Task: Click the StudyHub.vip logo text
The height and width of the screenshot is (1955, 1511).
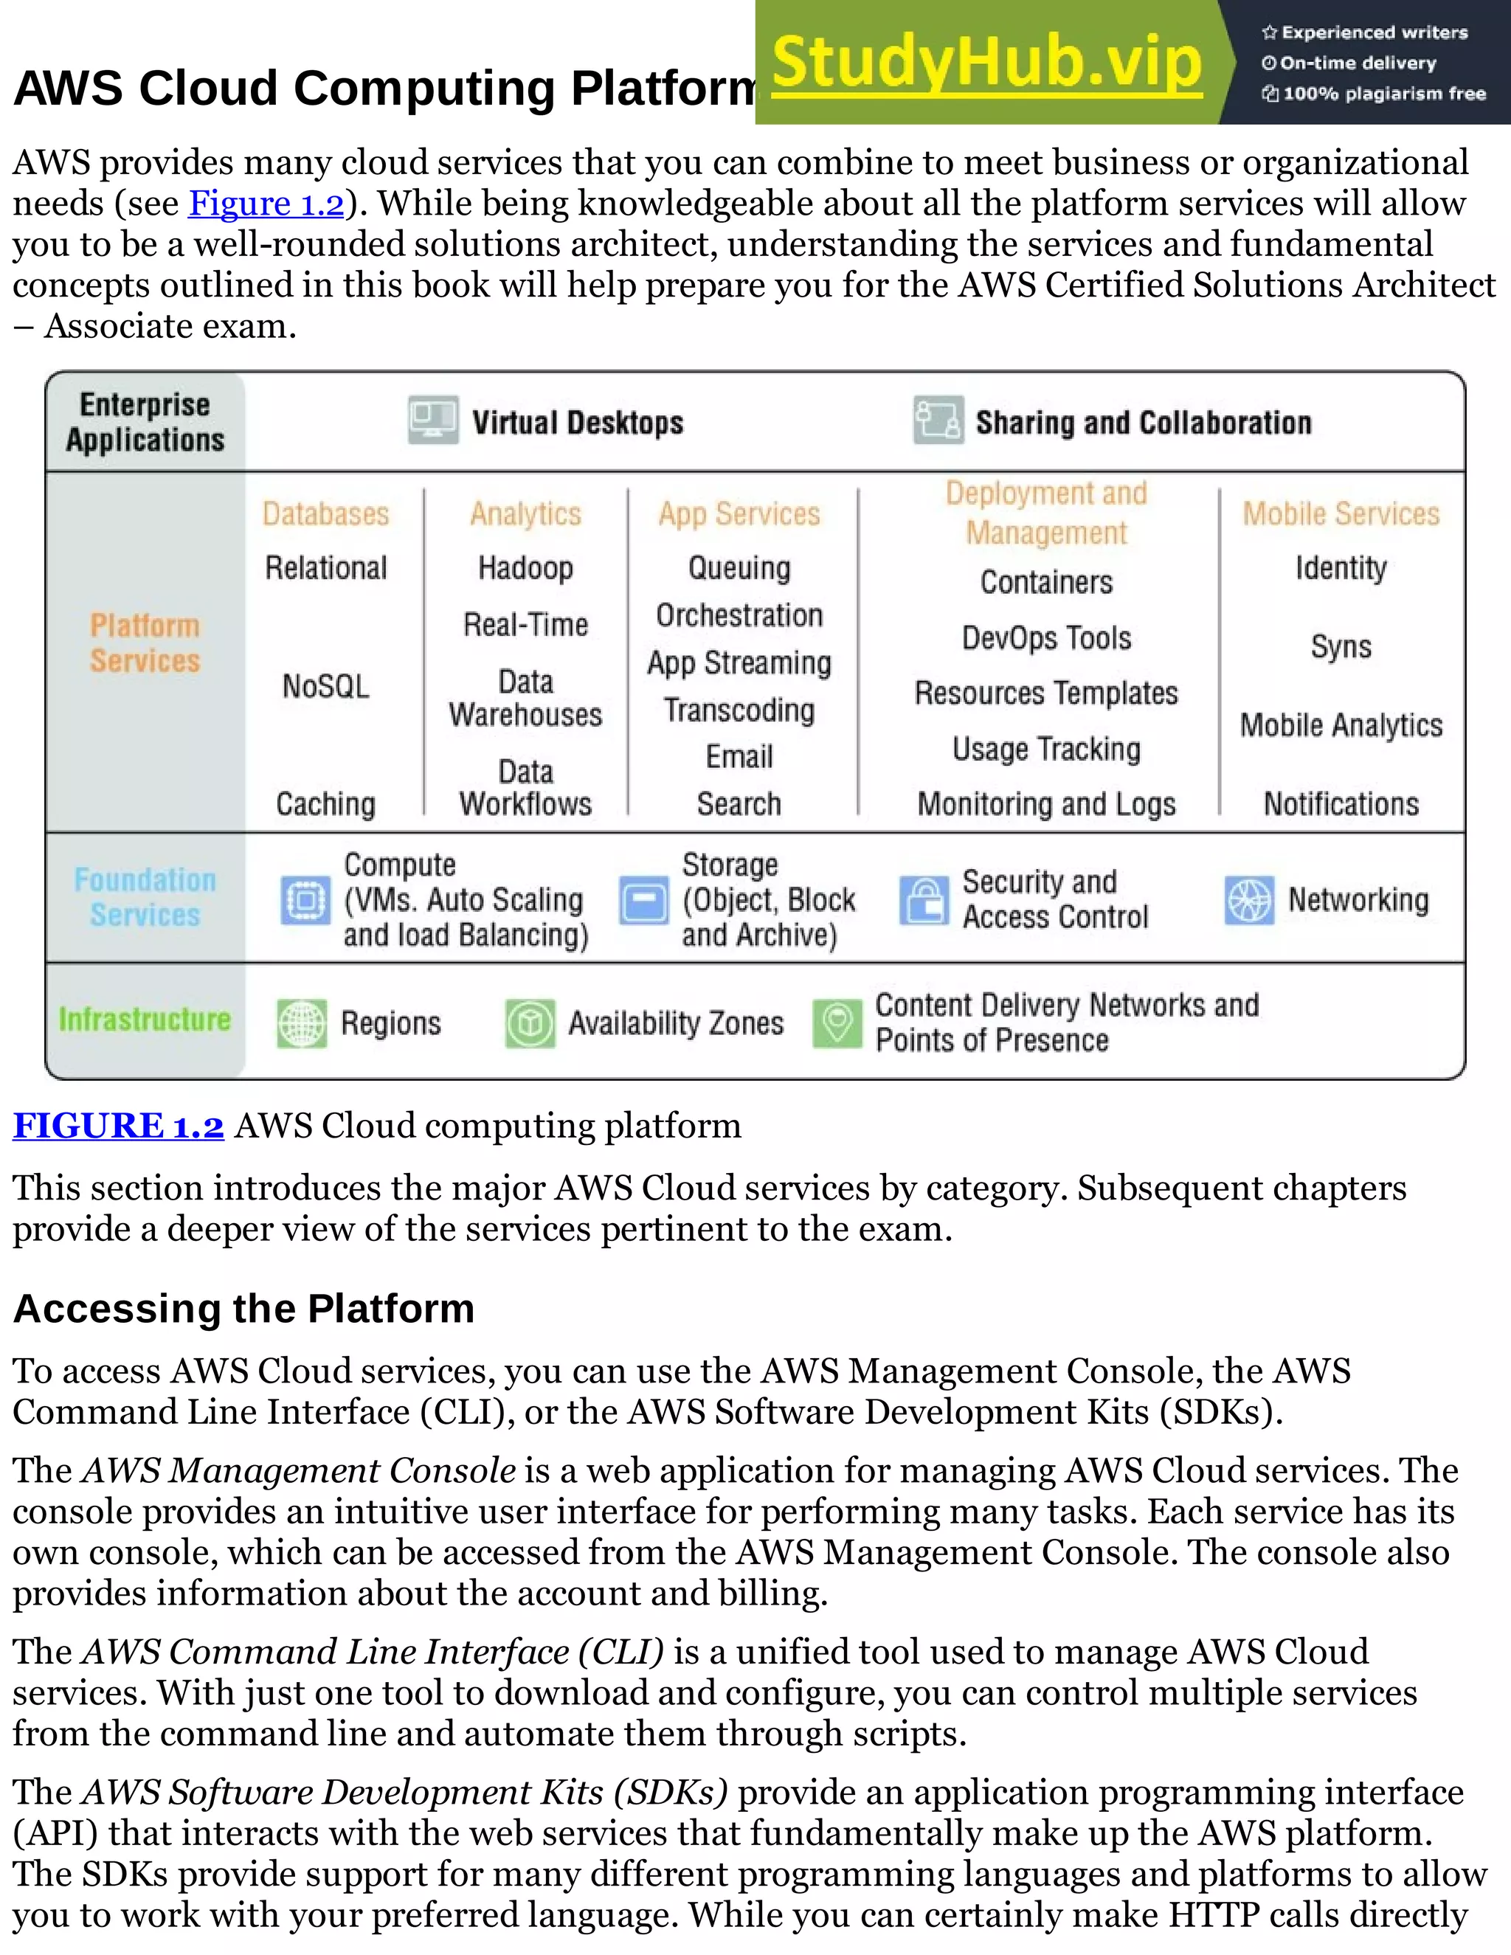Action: (x=986, y=63)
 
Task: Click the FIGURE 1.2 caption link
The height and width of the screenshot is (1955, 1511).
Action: (x=118, y=1125)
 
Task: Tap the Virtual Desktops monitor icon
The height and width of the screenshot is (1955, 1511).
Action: (x=433, y=420)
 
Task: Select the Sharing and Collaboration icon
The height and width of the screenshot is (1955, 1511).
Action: (x=938, y=420)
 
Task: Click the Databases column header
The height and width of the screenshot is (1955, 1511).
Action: (x=326, y=513)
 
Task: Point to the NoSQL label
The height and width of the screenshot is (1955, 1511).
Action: (x=326, y=687)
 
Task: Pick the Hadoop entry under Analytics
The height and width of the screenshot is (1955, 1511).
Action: (x=525, y=567)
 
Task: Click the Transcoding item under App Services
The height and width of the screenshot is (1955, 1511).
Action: (x=739, y=710)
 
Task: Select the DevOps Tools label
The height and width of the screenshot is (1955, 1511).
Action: (x=1046, y=637)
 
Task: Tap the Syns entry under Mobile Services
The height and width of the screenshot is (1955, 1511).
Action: (x=1341, y=646)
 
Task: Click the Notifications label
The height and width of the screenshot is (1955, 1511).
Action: (x=1341, y=804)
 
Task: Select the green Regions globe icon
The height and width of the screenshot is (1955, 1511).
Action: (x=302, y=1023)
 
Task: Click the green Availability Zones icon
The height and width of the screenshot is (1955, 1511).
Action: (x=530, y=1023)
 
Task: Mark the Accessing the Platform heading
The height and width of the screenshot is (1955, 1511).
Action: (x=243, y=1309)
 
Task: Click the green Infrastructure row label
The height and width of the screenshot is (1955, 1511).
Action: (x=145, y=1020)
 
